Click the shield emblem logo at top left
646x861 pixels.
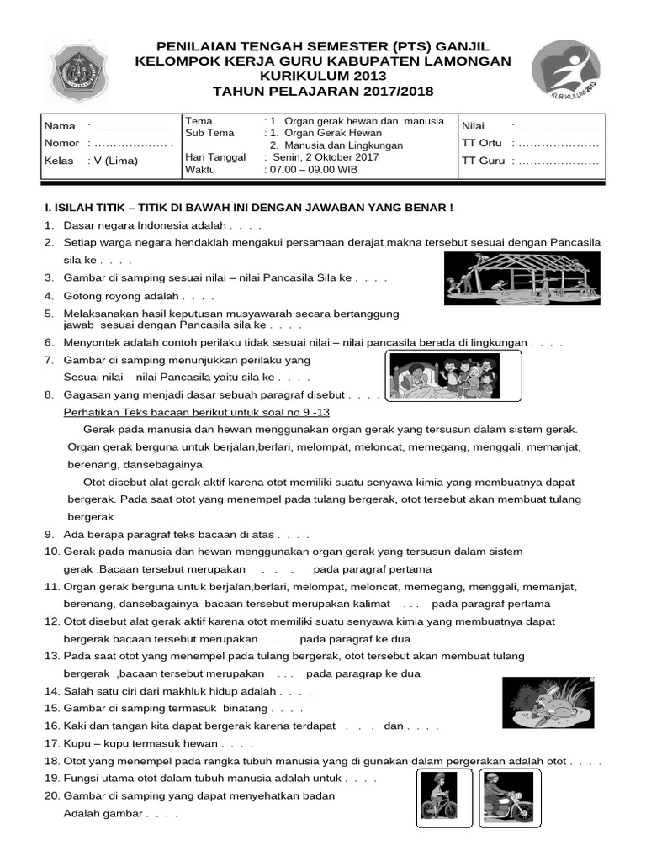[77, 70]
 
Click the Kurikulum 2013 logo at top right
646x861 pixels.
[565, 71]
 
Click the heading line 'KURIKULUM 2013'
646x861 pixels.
[323, 77]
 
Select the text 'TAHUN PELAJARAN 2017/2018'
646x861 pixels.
[323, 92]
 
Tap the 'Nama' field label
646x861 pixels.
[60, 126]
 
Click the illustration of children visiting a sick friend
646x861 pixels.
[453, 375]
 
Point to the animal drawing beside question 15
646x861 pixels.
[549, 703]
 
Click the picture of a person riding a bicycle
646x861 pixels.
[443, 797]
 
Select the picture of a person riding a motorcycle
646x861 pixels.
[508, 797]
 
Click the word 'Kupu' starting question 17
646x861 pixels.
[77, 744]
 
